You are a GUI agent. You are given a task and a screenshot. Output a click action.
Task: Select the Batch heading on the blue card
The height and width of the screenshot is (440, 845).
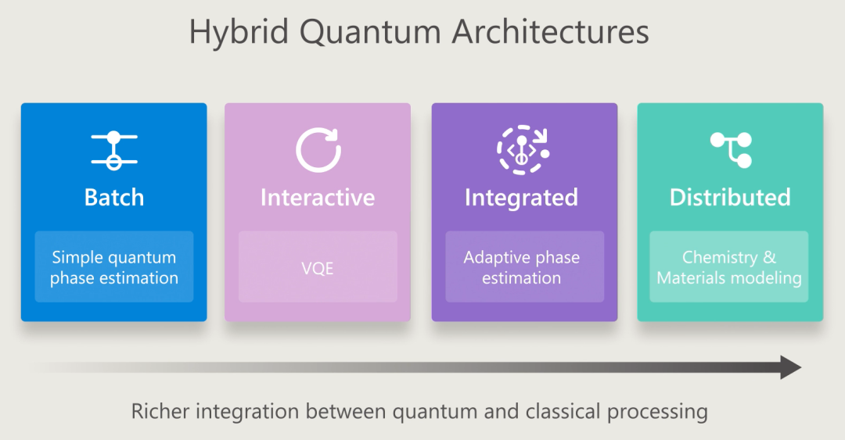pyautogui.click(x=114, y=197)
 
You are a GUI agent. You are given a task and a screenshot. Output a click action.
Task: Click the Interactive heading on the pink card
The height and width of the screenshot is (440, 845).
pyautogui.click(x=318, y=197)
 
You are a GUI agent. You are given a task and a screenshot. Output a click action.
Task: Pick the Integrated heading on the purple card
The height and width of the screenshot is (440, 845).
pyautogui.click(x=521, y=197)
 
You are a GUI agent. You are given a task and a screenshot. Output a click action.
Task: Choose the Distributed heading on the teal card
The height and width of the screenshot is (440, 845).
pyautogui.click(x=730, y=197)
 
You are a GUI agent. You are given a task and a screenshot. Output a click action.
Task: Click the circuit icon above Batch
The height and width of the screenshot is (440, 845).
pyautogui.click(x=114, y=149)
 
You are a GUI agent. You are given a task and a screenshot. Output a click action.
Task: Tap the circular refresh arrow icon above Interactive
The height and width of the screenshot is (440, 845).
pyautogui.click(x=318, y=149)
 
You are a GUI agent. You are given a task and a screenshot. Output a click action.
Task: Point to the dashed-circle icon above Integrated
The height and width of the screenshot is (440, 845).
pyautogui.click(x=522, y=148)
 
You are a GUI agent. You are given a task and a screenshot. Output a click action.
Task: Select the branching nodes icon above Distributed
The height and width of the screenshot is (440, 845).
pyautogui.click(x=731, y=149)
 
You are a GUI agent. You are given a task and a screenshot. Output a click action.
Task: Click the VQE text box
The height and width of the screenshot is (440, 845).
pyautogui.click(x=318, y=267)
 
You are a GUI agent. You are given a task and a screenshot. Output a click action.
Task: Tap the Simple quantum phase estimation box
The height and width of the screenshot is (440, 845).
pyautogui.click(x=114, y=267)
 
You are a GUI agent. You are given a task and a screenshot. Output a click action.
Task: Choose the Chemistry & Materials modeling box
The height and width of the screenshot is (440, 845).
pyautogui.click(x=729, y=267)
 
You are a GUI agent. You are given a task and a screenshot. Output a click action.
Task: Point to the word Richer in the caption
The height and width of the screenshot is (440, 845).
pyautogui.click(x=160, y=411)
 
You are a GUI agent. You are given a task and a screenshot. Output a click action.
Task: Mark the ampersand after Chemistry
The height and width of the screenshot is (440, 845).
pyautogui.click(x=769, y=257)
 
